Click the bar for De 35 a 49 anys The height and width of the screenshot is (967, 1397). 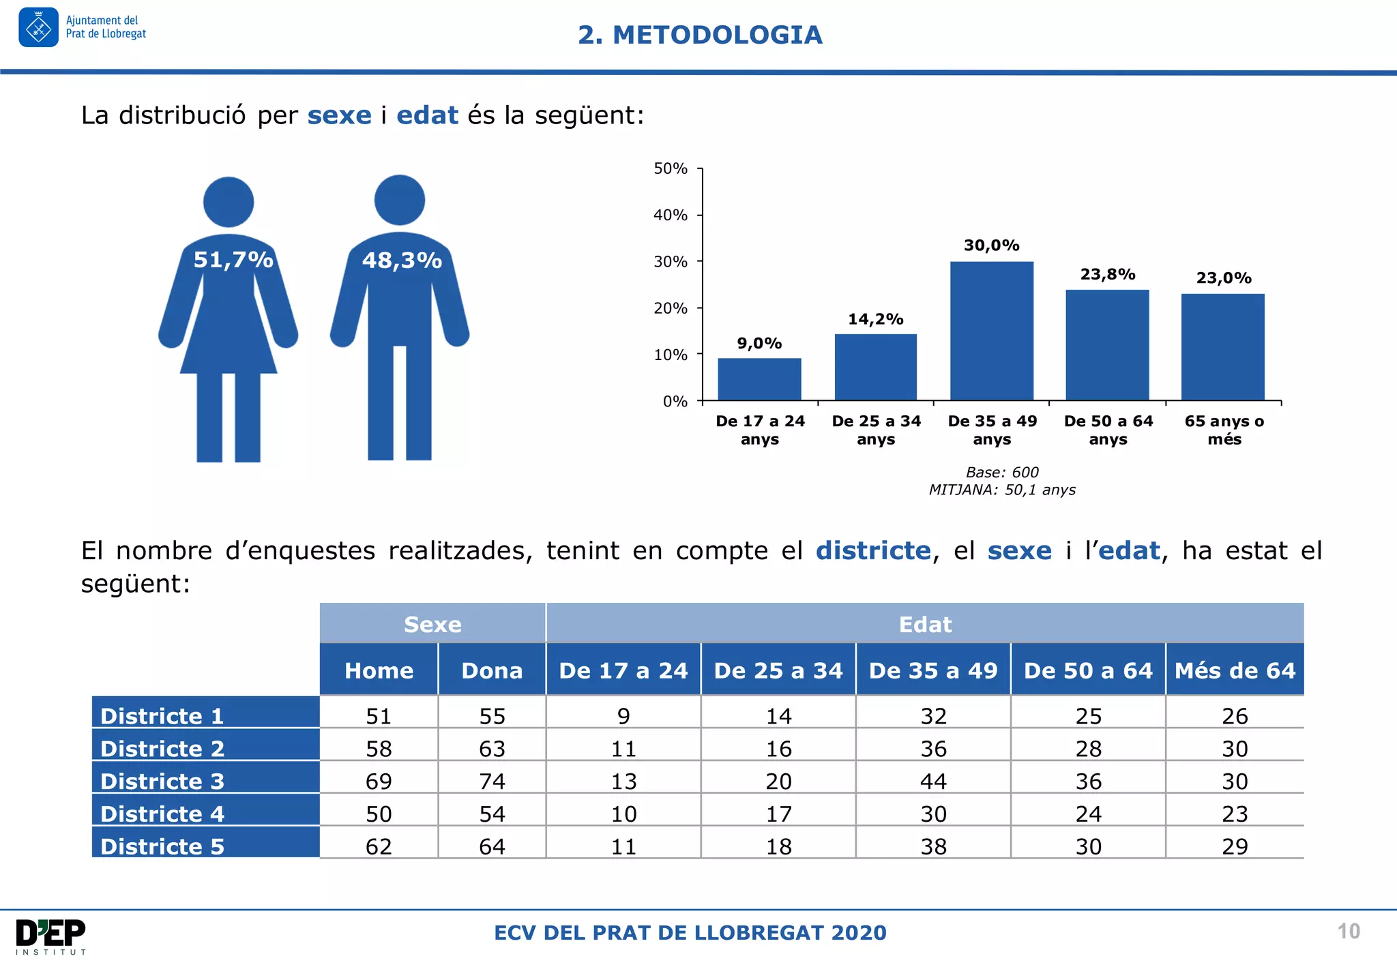tap(991, 331)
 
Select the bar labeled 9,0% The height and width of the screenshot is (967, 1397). tap(759, 379)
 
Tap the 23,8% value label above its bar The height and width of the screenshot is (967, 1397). tap(1107, 274)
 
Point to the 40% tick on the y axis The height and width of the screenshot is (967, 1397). tap(670, 215)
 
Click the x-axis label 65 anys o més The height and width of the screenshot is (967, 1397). tap(1224, 430)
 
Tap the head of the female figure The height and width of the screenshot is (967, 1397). tap(229, 202)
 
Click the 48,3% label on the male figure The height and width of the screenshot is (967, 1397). tap(402, 261)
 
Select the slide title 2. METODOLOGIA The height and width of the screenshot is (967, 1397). tap(700, 35)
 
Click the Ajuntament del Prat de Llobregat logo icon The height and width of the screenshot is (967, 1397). tap(39, 28)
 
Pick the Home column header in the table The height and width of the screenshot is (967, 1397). tap(379, 670)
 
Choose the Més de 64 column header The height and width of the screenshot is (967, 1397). tap(1235, 670)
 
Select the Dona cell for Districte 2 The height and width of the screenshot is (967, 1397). tap(492, 749)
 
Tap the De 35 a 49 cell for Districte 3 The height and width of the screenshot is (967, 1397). tap(933, 781)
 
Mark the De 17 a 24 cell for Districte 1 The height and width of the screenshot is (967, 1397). tap(623, 716)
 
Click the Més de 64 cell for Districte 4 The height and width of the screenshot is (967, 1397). tap(1235, 814)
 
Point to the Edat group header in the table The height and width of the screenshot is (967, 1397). tap(925, 624)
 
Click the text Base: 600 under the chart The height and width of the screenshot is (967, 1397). tap(1002, 472)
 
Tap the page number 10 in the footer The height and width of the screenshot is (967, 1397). tap(1349, 932)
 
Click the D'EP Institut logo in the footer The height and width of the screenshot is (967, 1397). tap(51, 936)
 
